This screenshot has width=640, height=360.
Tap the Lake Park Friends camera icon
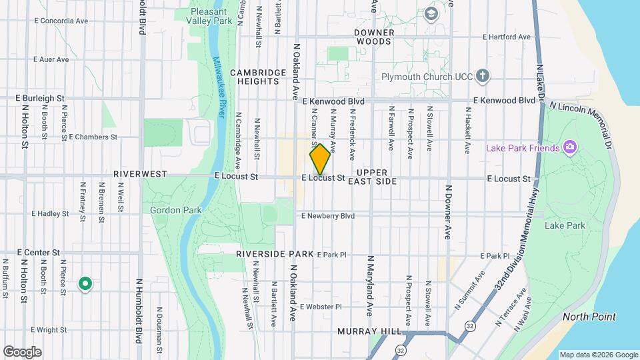point(570,147)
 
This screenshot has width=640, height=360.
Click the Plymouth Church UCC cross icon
point(483,75)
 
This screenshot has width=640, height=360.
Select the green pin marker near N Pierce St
point(85,285)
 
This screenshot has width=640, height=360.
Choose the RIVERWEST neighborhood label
point(139,173)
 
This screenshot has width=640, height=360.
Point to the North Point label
point(589,317)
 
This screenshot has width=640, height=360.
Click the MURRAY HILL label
point(370,331)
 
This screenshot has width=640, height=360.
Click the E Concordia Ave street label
point(61,21)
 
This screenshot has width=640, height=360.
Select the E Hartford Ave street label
point(506,37)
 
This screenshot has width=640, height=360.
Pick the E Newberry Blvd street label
point(328,216)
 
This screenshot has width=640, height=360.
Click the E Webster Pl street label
point(321,307)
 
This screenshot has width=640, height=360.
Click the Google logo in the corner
point(22,351)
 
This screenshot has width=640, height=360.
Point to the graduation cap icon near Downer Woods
point(431,13)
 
